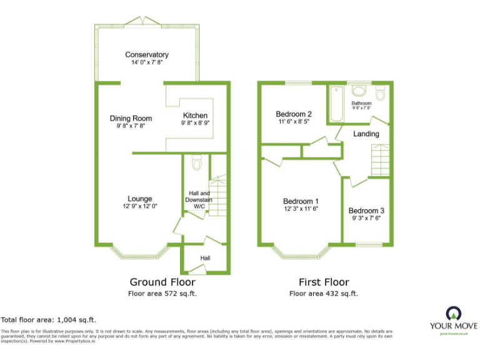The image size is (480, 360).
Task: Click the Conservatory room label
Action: [x=146, y=55]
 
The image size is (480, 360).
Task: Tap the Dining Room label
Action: [x=131, y=118]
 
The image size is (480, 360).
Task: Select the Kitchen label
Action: [x=195, y=116]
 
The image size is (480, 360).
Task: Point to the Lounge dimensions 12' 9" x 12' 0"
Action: [x=140, y=206]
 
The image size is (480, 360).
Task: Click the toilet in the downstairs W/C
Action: [x=196, y=164]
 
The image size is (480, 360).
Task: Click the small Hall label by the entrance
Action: [x=205, y=258]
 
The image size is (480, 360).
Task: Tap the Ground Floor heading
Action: [x=157, y=282]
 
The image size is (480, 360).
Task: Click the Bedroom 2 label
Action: [x=294, y=114]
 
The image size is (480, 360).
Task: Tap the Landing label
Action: [x=366, y=134]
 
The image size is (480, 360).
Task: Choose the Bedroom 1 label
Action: [x=301, y=201]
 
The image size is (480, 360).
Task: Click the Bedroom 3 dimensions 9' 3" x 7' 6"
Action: [x=366, y=219]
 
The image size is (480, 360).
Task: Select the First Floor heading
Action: [x=324, y=282]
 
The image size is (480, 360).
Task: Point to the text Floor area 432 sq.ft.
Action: [x=324, y=293]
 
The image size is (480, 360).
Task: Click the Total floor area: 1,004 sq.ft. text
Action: [x=49, y=319]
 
